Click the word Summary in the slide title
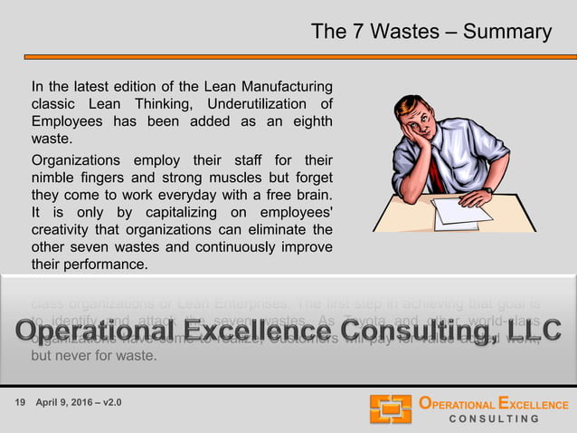pyautogui.click(x=506, y=32)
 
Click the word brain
pyautogui.click(x=310, y=194)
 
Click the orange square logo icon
pyautogui.click(x=390, y=409)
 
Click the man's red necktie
pyautogui.click(x=435, y=171)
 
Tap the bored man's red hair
pyautogui.click(x=417, y=106)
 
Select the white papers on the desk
pyautogui.click(x=461, y=212)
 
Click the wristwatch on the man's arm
pyautogui.click(x=487, y=190)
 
